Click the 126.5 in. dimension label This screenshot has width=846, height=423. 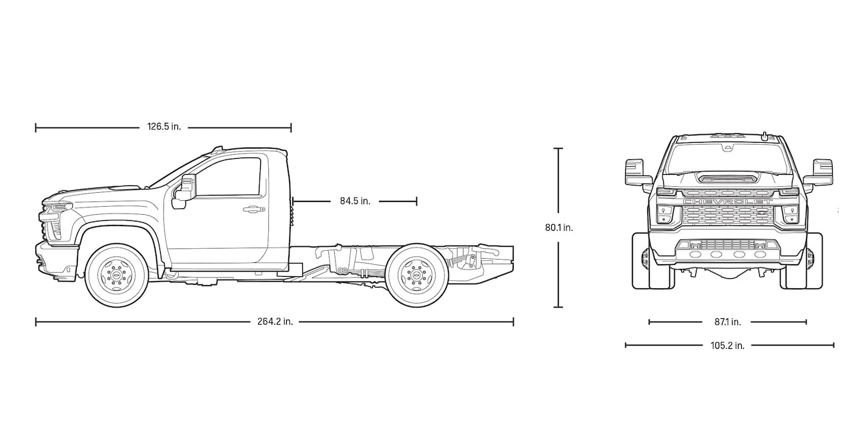[x=163, y=127]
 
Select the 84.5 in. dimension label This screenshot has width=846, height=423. [x=354, y=201]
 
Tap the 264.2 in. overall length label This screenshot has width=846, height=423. [x=275, y=322]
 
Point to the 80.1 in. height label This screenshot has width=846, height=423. [x=558, y=227]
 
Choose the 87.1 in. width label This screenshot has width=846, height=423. [x=727, y=322]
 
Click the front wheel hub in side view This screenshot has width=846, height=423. [x=116, y=275]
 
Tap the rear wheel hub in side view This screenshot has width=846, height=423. [x=417, y=275]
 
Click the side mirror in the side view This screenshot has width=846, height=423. [x=186, y=188]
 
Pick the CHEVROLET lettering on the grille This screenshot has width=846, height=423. [x=727, y=201]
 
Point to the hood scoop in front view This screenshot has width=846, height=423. [x=727, y=177]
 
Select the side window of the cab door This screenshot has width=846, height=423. [x=230, y=177]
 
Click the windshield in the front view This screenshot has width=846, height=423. [x=727, y=157]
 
